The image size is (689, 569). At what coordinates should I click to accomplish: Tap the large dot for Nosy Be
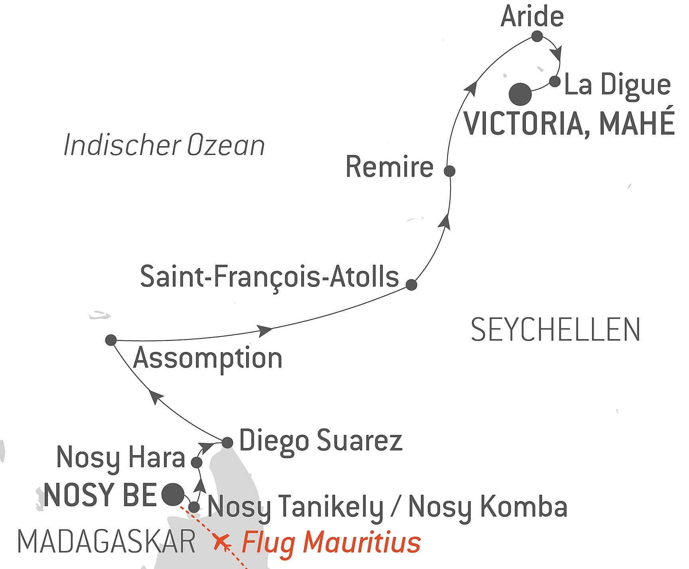pyautogui.click(x=173, y=494)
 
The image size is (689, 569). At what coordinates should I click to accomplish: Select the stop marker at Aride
pyautogui.click(x=537, y=36)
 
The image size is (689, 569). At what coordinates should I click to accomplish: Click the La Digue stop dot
pyautogui.click(x=555, y=81)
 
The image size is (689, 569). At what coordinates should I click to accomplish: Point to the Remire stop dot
pyautogui.click(x=450, y=171)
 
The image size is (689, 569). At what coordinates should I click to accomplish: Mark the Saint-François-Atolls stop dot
pyautogui.click(x=411, y=285)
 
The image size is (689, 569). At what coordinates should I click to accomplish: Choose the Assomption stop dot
pyautogui.click(x=111, y=340)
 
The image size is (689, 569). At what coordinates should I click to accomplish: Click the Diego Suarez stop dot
pyautogui.click(x=227, y=442)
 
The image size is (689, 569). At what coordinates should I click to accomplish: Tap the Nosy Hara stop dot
pyautogui.click(x=197, y=462)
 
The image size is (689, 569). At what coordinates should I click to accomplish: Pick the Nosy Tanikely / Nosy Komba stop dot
pyautogui.click(x=194, y=507)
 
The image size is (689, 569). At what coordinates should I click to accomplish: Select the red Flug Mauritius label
pyautogui.click(x=331, y=542)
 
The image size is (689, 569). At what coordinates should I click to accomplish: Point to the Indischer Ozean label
pyautogui.click(x=164, y=145)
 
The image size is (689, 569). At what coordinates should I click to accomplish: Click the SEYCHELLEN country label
pyautogui.click(x=555, y=330)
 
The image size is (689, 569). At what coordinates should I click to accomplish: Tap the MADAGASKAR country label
pyautogui.click(x=107, y=542)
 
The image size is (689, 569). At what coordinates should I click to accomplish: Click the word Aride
pyautogui.click(x=532, y=16)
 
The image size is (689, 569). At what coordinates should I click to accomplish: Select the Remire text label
pyautogui.click(x=389, y=167)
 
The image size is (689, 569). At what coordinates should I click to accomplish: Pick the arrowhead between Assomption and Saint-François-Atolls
pyautogui.click(x=265, y=330)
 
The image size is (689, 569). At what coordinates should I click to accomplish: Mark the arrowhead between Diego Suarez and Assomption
pyautogui.click(x=156, y=397)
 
